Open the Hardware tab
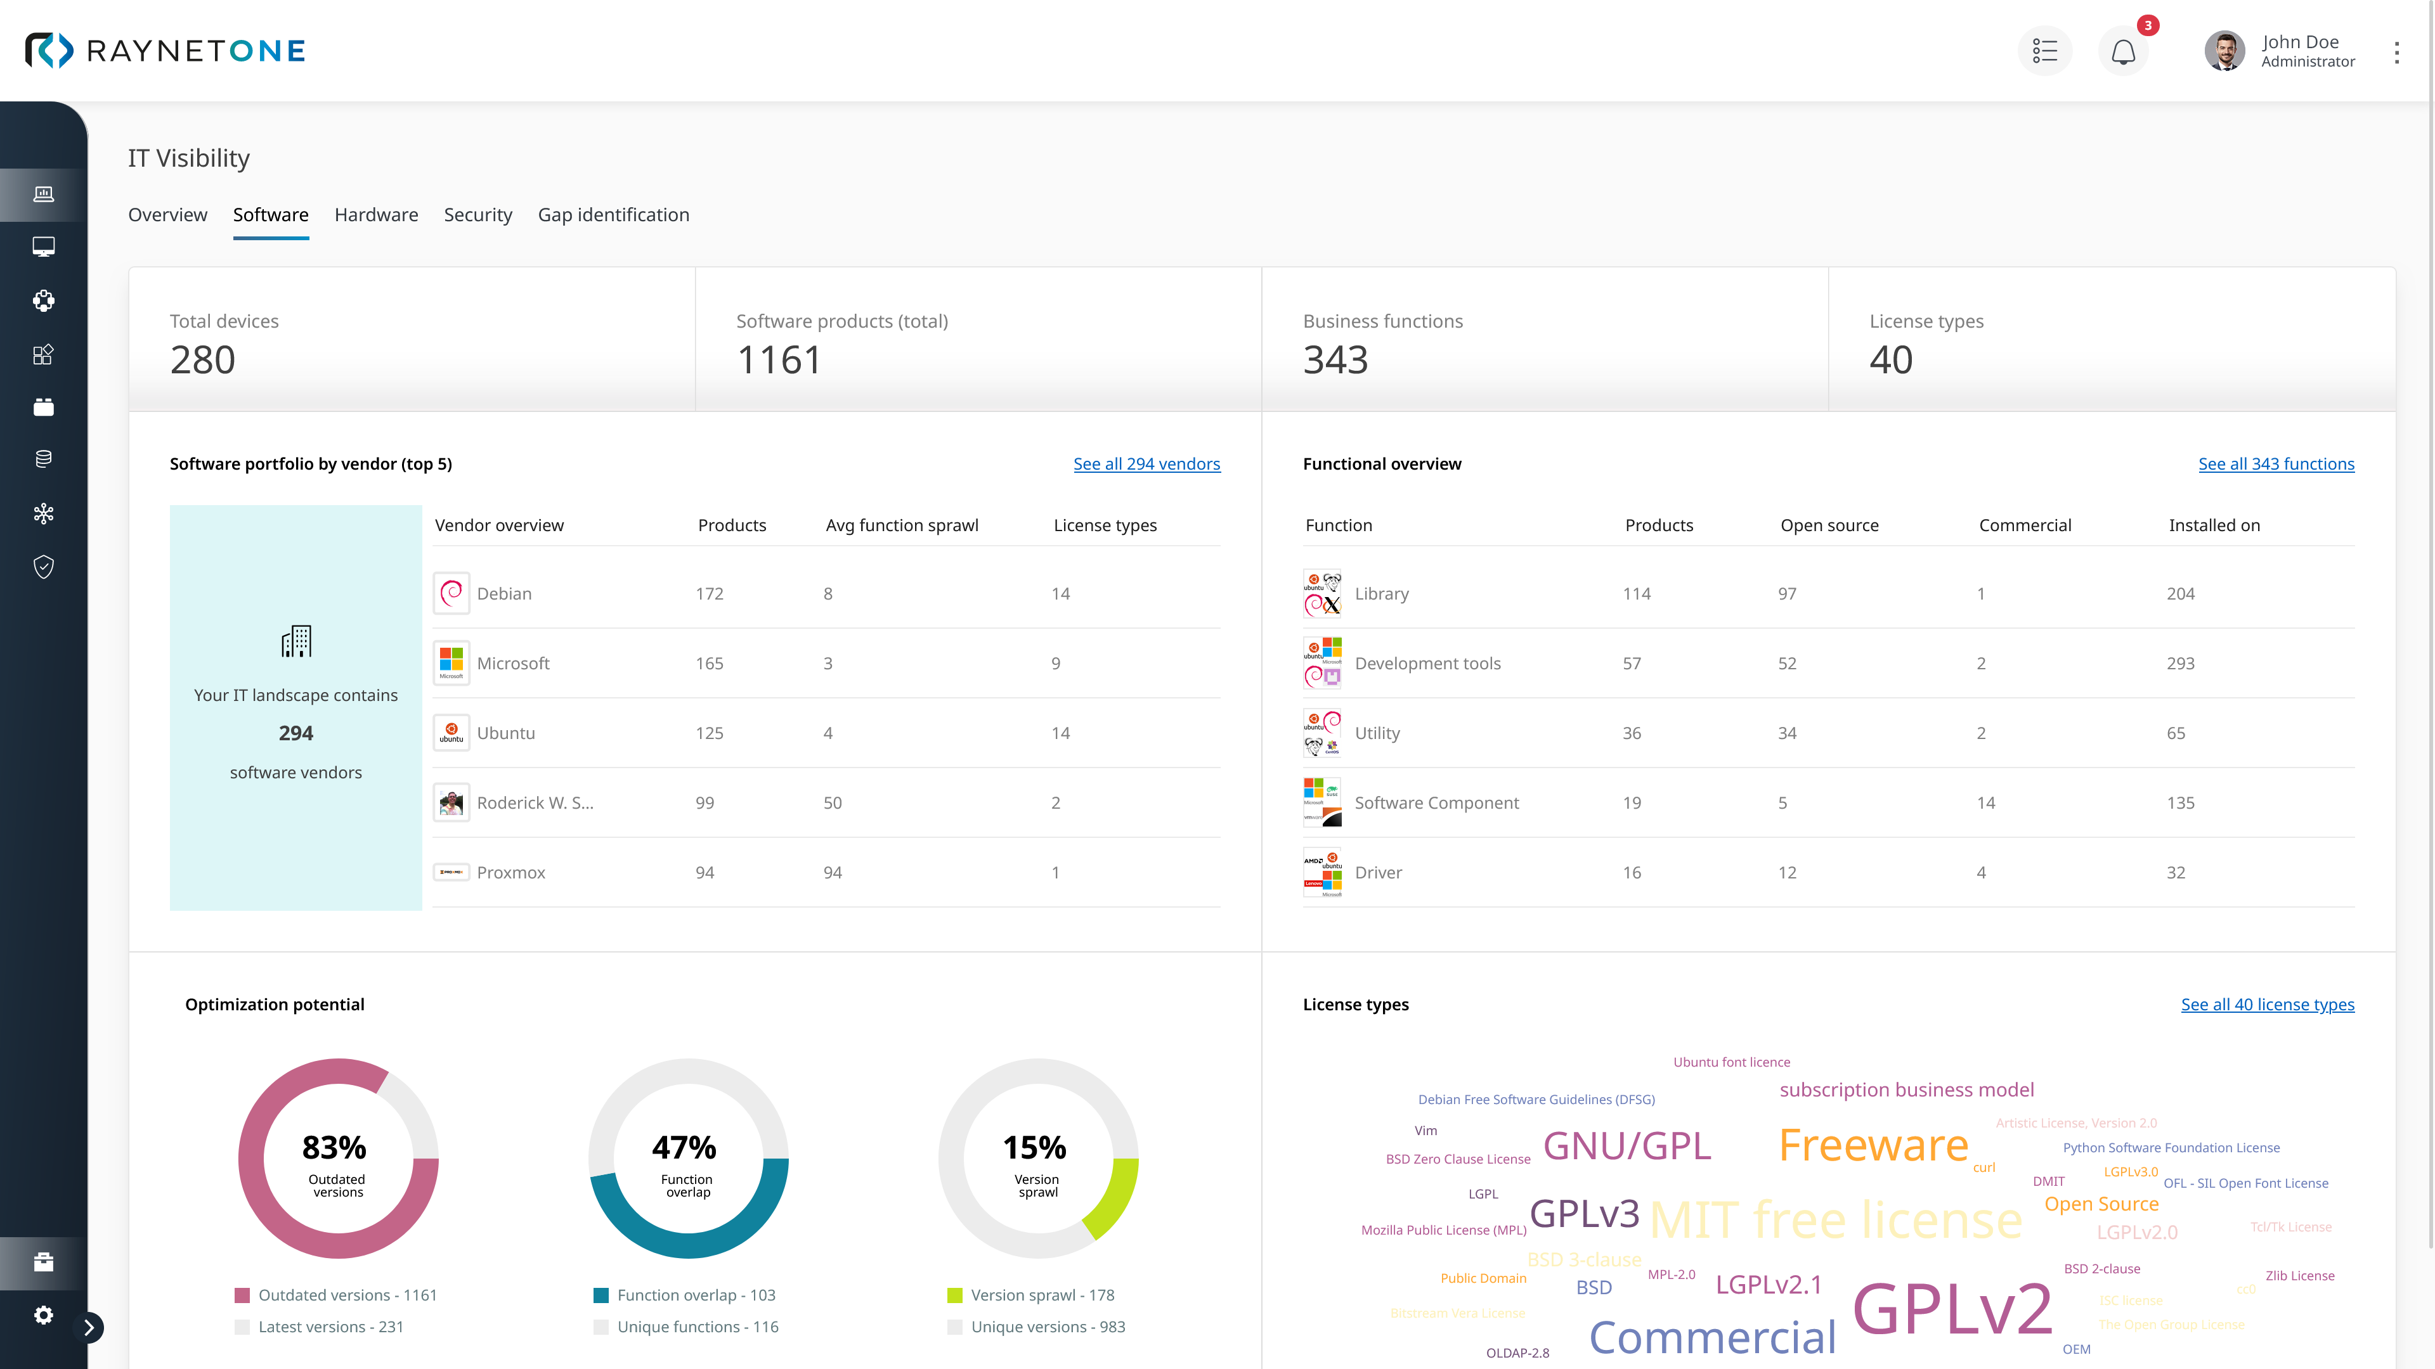pyautogui.click(x=375, y=214)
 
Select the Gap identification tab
pyautogui.click(x=613, y=214)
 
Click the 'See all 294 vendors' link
pyautogui.click(x=1146, y=464)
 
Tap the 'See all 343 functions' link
pyautogui.click(x=2275, y=464)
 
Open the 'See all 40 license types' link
pyautogui.click(x=2267, y=1005)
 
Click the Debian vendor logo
pyautogui.click(x=451, y=593)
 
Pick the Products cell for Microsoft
pyautogui.click(x=709, y=663)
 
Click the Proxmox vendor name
pyautogui.click(x=510, y=872)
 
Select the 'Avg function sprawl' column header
pyautogui.click(x=901, y=525)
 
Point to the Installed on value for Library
pyautogui.click(x=2180, y=593)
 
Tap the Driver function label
pyautogui.click(x=1377, y=872)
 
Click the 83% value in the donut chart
pyautogui.click(x=334, y=1147)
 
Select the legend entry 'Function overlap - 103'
pyautogui.click(x=695, y=1294)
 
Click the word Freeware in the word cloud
pyautogui.click(x=1873, y=1145)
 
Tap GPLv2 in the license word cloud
pyautogui.click(x=1951, y=1309)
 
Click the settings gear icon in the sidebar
pyautogui.click(x=44, y=1314)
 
